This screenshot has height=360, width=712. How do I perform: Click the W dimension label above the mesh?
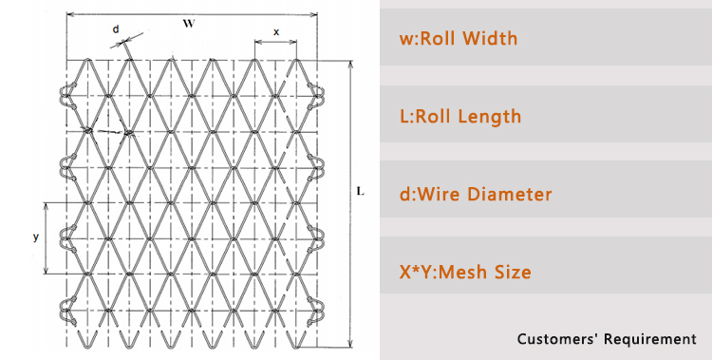(189, 25)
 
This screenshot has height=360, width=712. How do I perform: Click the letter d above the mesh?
(116, 28)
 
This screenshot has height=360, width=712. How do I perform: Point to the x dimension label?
(276, 31)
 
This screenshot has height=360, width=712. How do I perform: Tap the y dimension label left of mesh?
(36, 237)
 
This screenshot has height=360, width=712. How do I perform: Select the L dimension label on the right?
(360, 191)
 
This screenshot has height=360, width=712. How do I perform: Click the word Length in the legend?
(489, 117)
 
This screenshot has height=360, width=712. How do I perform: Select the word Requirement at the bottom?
(649, 339)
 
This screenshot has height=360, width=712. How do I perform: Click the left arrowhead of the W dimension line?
(69, 15)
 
